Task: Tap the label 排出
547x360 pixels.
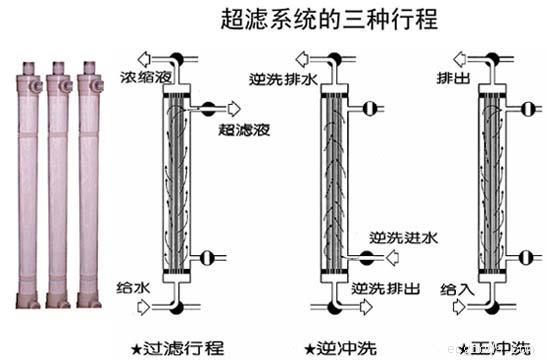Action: click(x=449, y=76)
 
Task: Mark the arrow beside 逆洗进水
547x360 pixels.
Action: click(x=393, y=258)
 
